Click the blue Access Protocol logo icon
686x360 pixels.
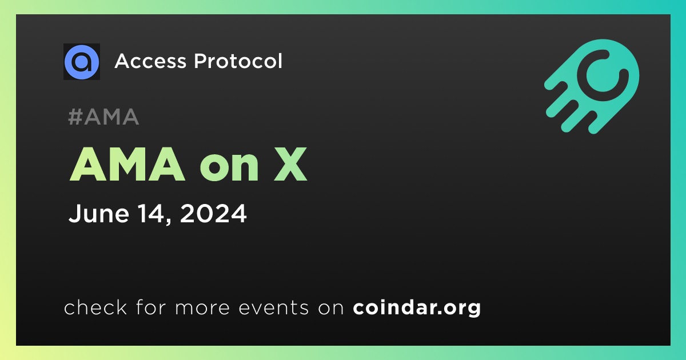82,62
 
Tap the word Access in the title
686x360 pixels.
150,61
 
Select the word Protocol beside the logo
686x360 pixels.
238,61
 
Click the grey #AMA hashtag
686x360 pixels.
103,117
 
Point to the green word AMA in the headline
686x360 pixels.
127,164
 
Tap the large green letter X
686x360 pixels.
290,164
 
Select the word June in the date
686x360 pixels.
99,213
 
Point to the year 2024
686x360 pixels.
213,213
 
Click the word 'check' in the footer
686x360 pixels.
95,307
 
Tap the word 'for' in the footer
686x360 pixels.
151,307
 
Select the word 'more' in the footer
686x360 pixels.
202,308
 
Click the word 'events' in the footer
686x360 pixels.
274,307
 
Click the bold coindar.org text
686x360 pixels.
417,307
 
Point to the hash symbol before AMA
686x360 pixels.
75,117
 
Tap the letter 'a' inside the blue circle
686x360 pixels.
82,62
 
